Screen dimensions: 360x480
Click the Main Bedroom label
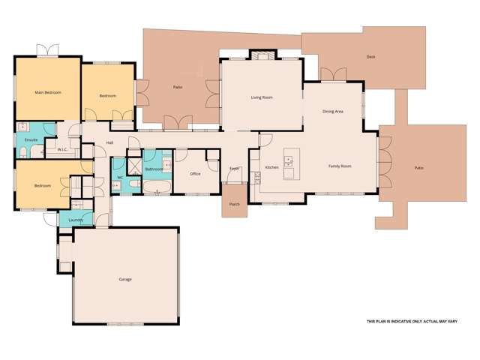tap(47, 92)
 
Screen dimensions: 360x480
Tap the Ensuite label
tap(31, 139)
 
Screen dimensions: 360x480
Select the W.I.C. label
tap(63, 149)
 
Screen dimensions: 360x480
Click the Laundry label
tap(76, 220)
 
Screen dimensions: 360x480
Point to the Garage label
tap(124, 280)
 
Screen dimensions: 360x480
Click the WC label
tap(120, 177)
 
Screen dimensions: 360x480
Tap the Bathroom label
tap(154, 169)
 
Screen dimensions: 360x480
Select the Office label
tap(195, 173)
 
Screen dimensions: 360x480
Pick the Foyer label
tap(234, 167)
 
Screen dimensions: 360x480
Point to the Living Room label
tap(261, 97)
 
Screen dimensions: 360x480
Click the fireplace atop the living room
tap(261, 55)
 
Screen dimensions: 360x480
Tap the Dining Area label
tap(332, 111)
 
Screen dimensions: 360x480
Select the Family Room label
tap(340, 166)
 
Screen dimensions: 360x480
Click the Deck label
tap(370, 57)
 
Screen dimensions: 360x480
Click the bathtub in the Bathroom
tap(157, 186)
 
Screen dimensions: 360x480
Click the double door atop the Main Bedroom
tap(47, 51)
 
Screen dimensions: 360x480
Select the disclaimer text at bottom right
tap(412, 322)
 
